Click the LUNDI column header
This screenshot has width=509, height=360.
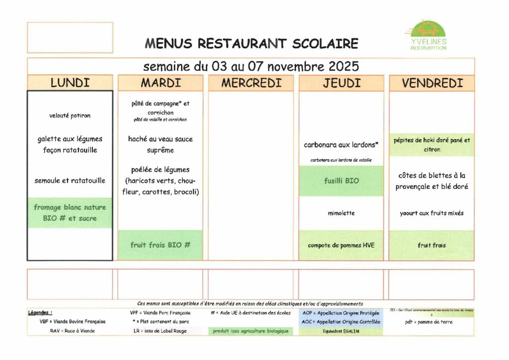70,83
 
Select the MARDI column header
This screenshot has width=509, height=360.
161,83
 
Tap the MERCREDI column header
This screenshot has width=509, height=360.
251,83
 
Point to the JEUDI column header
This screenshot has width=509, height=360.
341,83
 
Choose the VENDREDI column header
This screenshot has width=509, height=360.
432,83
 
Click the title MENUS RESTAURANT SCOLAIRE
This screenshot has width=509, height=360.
252,44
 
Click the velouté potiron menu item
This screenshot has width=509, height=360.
70,115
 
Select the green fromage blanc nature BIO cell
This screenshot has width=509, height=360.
70,213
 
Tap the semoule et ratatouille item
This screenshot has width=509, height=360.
70,180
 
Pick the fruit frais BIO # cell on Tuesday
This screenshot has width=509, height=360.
161,245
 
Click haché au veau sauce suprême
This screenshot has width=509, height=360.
161,144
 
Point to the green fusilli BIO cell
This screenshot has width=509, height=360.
341,181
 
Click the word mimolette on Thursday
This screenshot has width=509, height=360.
341,213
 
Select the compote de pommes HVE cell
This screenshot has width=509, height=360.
341,245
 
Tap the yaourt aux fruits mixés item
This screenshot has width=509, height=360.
432,213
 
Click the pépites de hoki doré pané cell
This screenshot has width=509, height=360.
432,145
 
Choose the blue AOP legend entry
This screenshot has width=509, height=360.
341,313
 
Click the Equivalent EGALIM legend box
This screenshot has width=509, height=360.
341,331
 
